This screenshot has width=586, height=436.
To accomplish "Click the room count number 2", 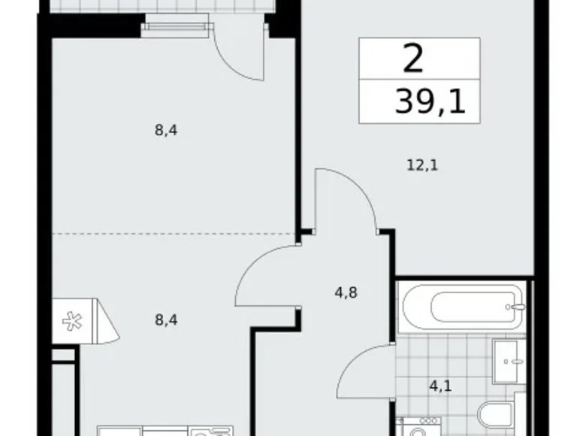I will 413,59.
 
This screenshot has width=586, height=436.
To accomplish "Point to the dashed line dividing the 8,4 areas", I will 173,233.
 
